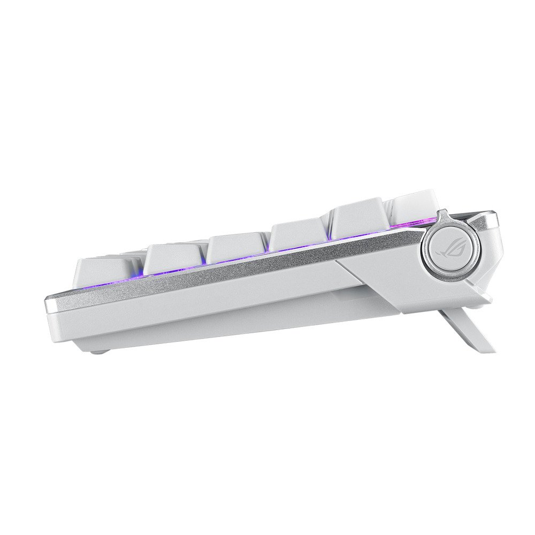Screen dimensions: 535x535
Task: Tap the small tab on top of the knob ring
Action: [x=442, y=215]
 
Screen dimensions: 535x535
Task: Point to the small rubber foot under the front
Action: [x=97, y=351]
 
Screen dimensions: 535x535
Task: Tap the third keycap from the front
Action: [x=235, y=248]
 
